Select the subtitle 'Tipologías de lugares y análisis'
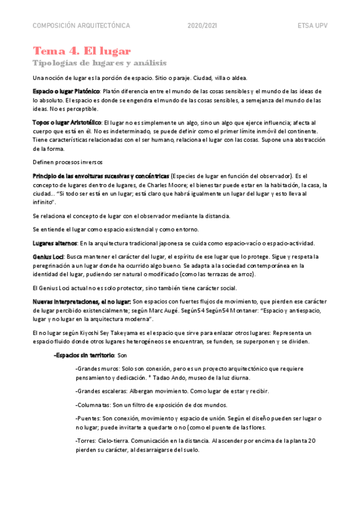[x=100, y=63]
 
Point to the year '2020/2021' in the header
[x=203, y=26]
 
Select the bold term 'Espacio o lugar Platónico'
[x=66, y=91]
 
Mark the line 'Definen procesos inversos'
[x=68, y=162]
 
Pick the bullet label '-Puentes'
[x=88, y=417]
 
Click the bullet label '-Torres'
[x=86, y=440]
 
